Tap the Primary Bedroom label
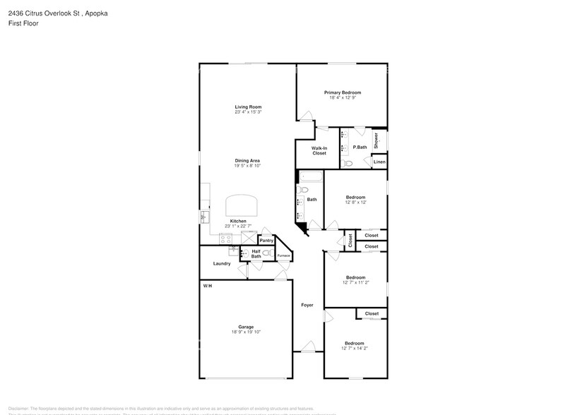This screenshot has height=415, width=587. pyautogui.click(x=343, y=92)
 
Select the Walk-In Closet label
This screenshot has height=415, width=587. pyautogui.click(x=319, y=150)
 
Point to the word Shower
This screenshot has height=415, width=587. pyautogui.click(x=376, y=140)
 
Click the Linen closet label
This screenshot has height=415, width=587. pyautogui.click(x=379, y=162)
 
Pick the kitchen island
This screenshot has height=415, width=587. pyautogui.click(x=242, y=206)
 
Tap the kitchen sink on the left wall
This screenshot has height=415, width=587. pyautogui.click(x=204, y=216)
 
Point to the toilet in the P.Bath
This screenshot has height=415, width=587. pyautogui.click(x=346, y=163)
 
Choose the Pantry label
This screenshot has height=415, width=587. pyautogui.click(x=266, y=241)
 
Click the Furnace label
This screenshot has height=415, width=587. pyautogui.click(x=283, y=255)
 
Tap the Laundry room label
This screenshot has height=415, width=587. pyautogui.click(x=222, y=264)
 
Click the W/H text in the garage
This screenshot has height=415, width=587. pyautogui.click(x=207, y=286)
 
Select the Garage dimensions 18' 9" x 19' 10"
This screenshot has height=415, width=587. pyautogui.click(x=246, y=332)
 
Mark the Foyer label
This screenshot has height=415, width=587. pyautogui.click(x=307, y=305)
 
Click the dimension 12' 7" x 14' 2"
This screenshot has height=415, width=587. pyautogui.click(x=355, y=348)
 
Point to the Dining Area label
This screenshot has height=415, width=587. pyautogui.click(x=248, y=160)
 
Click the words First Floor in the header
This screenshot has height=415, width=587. pyautogui.click(x=24, y=23)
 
